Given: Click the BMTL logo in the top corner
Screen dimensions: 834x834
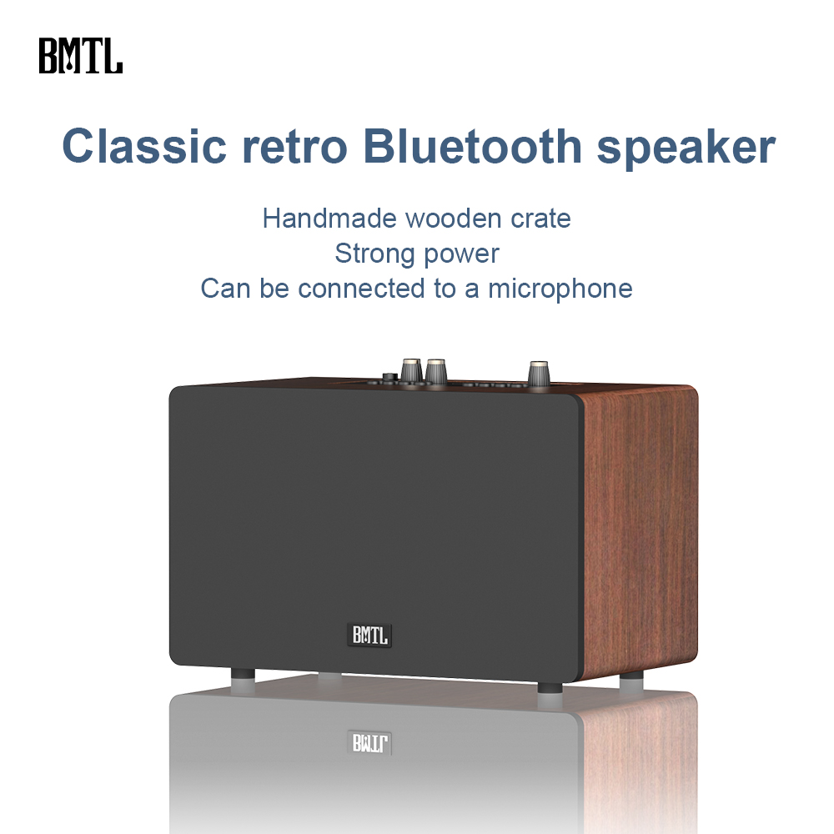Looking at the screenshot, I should pyautogui.click(x=80, y=55).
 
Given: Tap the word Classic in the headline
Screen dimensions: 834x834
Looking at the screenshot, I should pyautogui.click(x=144, y=146).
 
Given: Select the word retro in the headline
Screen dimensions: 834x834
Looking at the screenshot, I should pyautogui.click(x=294, y=146).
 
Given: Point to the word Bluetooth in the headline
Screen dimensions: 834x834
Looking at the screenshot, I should pyautogui.click(x=473, y=146).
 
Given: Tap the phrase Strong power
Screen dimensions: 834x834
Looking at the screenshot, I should pyautogui.click(x=417, y=254).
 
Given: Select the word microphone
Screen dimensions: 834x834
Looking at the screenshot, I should pyautogui.click(x=560, y=289).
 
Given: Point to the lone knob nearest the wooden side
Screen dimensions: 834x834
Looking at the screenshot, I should pyautogui.click(x=538, y=374).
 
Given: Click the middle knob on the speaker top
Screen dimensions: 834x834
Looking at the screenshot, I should pyautogui.click(x=435, y=371).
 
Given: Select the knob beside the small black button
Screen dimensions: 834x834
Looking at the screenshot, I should pyautogui.click(x=411, y=371).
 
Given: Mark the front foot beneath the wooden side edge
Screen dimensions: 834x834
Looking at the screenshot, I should pyautogui.click(x=549, y=689).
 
